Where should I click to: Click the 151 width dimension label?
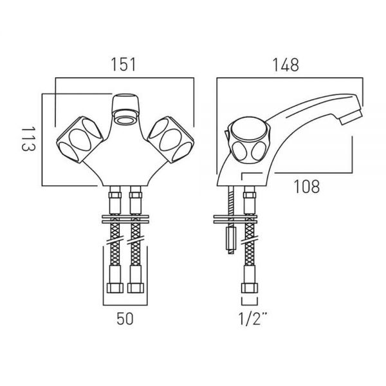tap(124, 64)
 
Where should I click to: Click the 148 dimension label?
tap(286, 65)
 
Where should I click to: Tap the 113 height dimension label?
tap(28, 138)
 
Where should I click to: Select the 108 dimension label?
tap(307, 187)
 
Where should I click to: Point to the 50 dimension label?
tap(125, 318)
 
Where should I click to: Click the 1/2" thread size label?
tap(253, 318)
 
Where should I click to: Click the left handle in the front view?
tap(80, 139)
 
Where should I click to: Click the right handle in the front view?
tap(171, 139)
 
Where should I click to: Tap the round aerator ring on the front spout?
tap(125, 120)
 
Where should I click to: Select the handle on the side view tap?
tap(249, 139)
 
